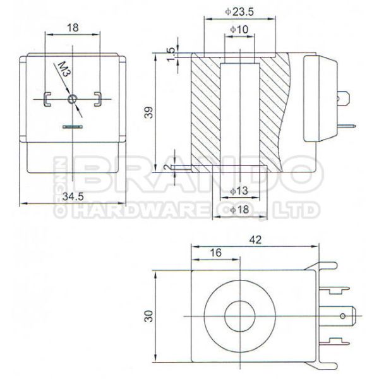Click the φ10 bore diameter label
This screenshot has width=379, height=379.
(239, 29)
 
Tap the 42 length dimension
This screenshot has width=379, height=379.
(255, 240)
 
